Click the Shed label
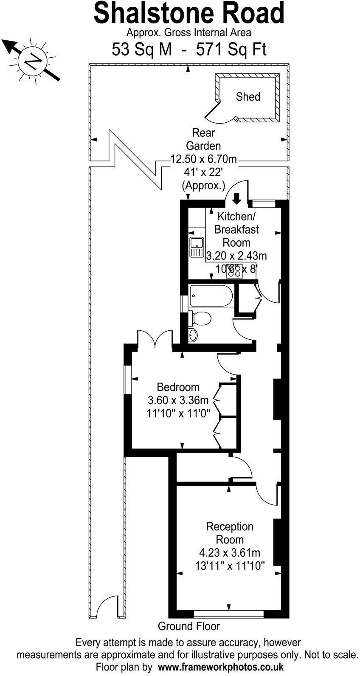[248, 97]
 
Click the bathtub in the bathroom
[211, 296]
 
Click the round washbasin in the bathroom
[193, 335]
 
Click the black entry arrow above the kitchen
[236, 197]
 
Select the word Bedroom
[178, 387]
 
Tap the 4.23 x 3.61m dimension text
[229, 553]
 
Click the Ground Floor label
[189, 626]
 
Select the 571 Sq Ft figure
[231, 50]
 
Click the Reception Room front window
[229, 614]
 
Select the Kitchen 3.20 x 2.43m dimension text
[236, 256]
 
